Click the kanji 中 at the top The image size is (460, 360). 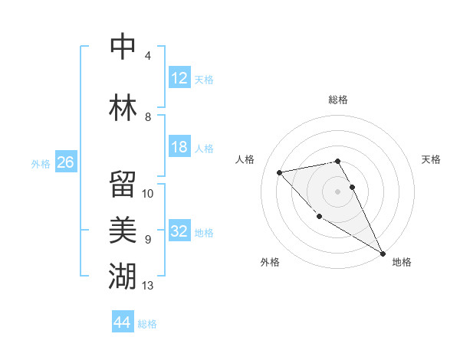point(123,47)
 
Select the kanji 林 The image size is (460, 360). point(123,106)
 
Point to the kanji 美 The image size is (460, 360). point(123,228)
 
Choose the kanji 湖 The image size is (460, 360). point(123,275)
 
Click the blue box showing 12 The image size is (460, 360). point(179,77)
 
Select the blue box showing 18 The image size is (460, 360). point(179,147)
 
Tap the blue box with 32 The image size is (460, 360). point(179,231)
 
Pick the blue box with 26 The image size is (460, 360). point(65,162)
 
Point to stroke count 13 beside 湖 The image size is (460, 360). point(148,286)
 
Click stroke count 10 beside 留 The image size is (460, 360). point(148,193)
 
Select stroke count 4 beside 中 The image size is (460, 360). point(148,56)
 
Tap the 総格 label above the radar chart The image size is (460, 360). point(338,100)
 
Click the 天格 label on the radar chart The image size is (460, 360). point(431,159)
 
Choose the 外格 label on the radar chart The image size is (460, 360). point(269,262)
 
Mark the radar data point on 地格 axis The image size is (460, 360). point(383,254)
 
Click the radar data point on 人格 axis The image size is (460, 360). point(280,172)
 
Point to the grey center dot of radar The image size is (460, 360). point(337,191)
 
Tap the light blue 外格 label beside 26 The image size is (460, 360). point(40,164)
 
